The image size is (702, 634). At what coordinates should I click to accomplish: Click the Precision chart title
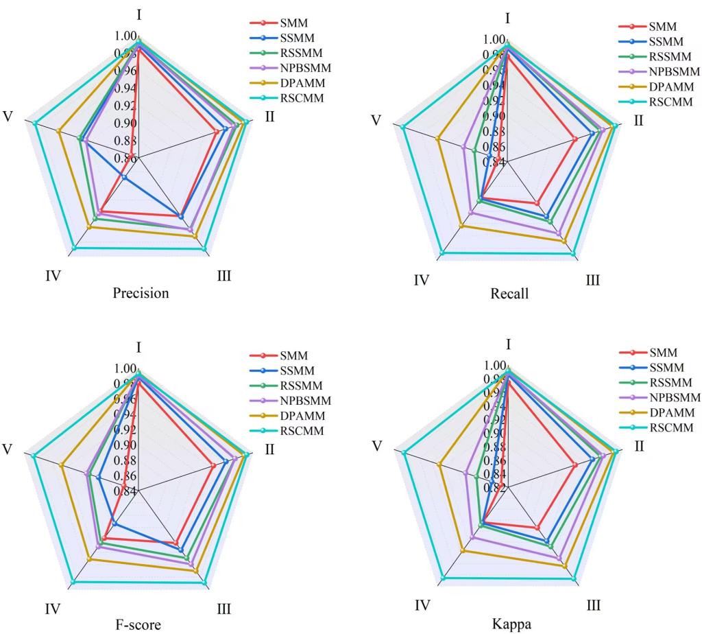[141, 294]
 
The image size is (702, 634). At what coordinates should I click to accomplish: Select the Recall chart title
[509, 294]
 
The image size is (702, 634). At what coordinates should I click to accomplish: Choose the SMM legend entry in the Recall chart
[662, 27]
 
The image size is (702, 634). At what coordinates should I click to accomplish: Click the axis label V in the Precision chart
[8, 117]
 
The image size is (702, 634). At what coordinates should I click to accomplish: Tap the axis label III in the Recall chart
[592, 280]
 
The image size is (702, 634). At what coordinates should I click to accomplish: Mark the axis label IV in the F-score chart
[53, 609]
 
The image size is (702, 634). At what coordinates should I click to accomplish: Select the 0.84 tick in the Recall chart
[495, 163]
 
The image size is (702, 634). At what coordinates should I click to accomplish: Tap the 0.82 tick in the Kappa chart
[495, 488]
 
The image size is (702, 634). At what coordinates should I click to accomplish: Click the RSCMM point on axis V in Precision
[35, 123]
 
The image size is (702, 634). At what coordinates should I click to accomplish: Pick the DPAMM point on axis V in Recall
[437, 139]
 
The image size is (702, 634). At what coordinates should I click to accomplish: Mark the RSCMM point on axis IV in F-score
[73, 582]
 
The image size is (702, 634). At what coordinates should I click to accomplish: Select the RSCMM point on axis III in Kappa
[574, 578]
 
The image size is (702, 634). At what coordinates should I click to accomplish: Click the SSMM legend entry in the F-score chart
[293, 371]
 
